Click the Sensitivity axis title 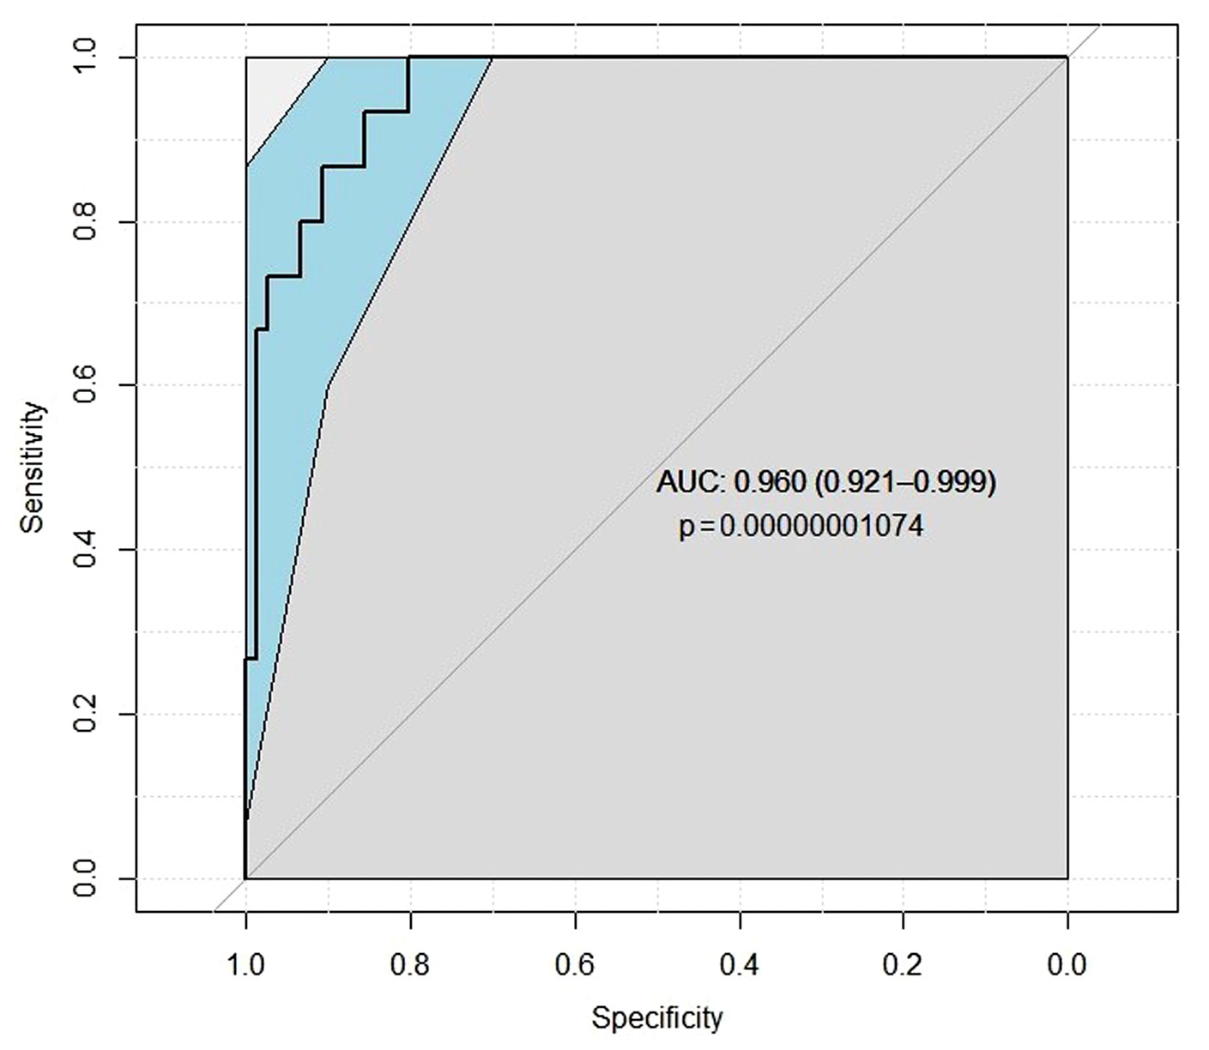click(x=33, y=468)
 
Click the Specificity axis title click(x=656, y=1018)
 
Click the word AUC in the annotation click(x=690, y=483)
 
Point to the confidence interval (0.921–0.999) click(x=904, y=483)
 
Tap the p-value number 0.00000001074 click(x=821, y=526)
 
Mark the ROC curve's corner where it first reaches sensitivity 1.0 click(x=408, y=58)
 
